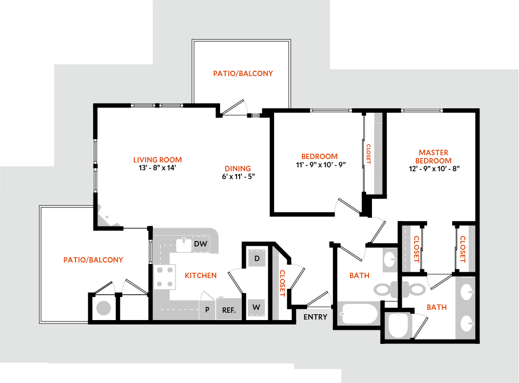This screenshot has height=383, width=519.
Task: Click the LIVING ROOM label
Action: click(157, 160)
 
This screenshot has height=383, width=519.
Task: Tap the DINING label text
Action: click(238, 169)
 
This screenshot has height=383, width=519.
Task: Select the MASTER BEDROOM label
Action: click(433, 156)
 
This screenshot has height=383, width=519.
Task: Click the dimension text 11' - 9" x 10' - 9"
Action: click(320, 164)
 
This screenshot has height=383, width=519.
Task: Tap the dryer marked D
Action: click(257, 258)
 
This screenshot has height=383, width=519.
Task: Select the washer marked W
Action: click(257, 308)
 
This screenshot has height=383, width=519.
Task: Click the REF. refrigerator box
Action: click(229, 310)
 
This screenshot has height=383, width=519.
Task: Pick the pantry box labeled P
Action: click(207, 310)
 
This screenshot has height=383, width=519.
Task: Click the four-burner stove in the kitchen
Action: click(165, 277)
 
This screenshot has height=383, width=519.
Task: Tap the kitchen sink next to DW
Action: click(184, 244)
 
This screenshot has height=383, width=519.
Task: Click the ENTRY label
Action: click(315, 317)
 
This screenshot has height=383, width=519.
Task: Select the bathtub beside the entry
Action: click(359, 313)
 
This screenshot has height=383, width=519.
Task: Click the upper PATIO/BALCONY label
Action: click(242, 74)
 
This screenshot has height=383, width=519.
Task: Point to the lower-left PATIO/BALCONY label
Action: click(93, 260)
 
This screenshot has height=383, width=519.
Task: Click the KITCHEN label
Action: click(201, 276)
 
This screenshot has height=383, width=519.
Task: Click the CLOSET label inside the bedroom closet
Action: click(368, 154)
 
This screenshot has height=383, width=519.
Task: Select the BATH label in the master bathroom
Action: click(436, 307)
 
